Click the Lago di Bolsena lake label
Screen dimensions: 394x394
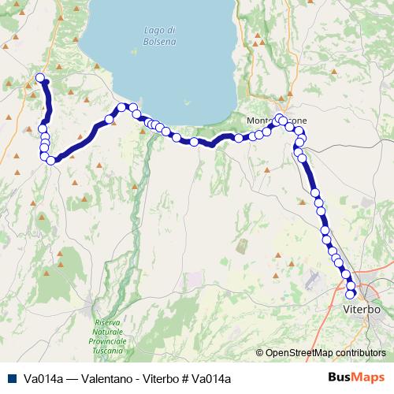[160, 35]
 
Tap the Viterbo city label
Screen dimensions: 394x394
[362, 310]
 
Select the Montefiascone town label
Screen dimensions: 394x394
[272, 120]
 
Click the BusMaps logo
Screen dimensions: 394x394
[362, 378]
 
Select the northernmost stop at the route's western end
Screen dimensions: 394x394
[40, 77]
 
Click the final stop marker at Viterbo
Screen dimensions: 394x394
[351, 294]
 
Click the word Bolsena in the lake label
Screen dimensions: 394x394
[160, 41]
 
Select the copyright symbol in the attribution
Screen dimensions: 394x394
[260, 352]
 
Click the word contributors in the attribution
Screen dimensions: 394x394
[362, 352]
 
